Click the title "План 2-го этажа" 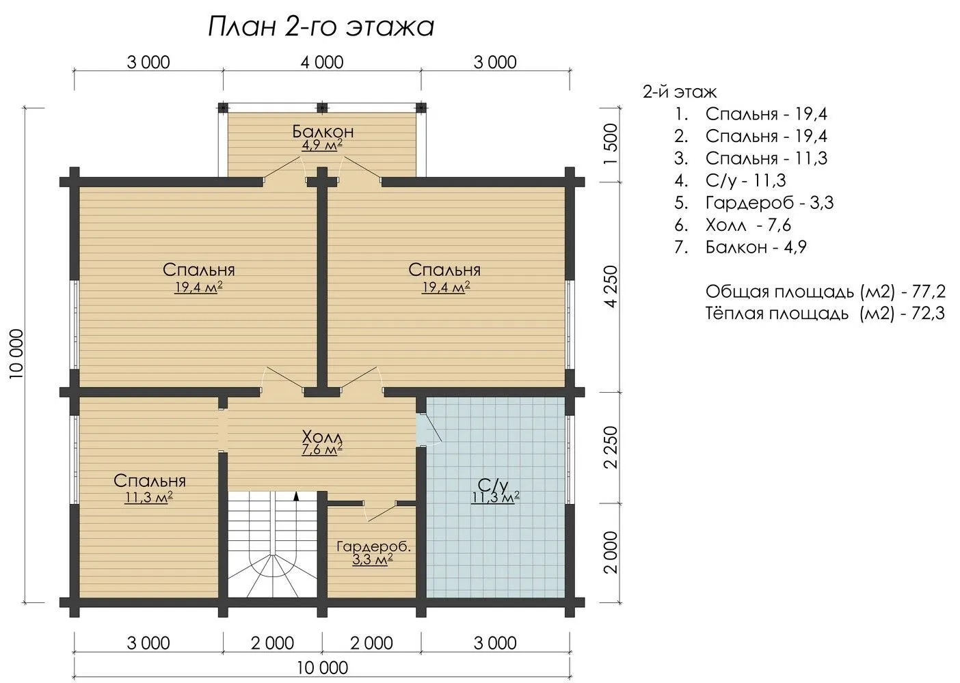pyautogui.click(x=321, y=27)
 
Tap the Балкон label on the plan pyautogui.click(x=323, y=131)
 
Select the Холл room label pyautogui.click(x=322, y=437)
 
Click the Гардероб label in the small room pyautogui.click(x=374, y=547)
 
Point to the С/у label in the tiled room pyautogui.click(x=493, y=485)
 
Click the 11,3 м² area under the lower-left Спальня pyautogui.click(x=148, y=498)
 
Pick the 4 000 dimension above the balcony pyautogui.click(x=322, y=63)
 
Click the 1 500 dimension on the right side pyautogui.click(x=611, y=144)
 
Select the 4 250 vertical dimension pyautogui.click(x=611, y=286)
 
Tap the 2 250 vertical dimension pyautogui.click(x=611, y=447)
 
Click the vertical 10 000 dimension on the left pyautogui.click(x=16, y=354)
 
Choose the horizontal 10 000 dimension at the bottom pyautogui.click(x=322, y=667)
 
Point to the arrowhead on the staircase pyautogui.click(x=295, y=497)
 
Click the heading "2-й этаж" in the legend pyautogui.click(x=679, y=92)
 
